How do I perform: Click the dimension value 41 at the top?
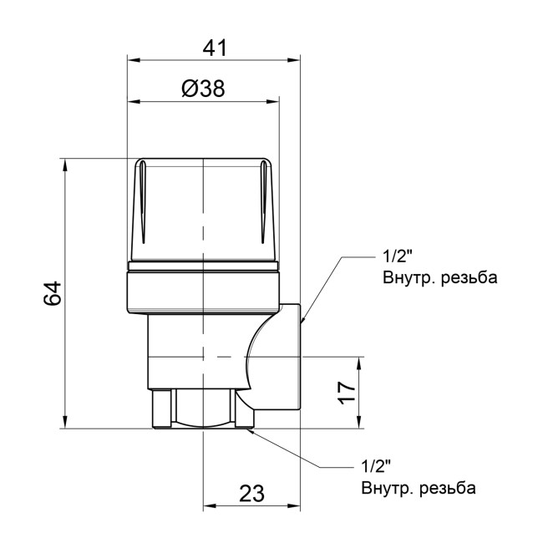[x=215, y=48]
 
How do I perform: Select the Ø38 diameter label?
[x=203, y=89]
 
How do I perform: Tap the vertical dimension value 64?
[x=52, y=294]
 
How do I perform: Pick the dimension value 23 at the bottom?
[x=252, y=493]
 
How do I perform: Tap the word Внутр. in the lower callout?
[x=390, y=488]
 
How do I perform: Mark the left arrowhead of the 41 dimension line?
[x=132, y=60]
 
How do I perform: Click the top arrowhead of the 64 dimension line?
[x=65, y=164]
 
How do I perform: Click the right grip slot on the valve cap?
[x=263, y=205]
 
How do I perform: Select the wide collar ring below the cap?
[x=203, y=288]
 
